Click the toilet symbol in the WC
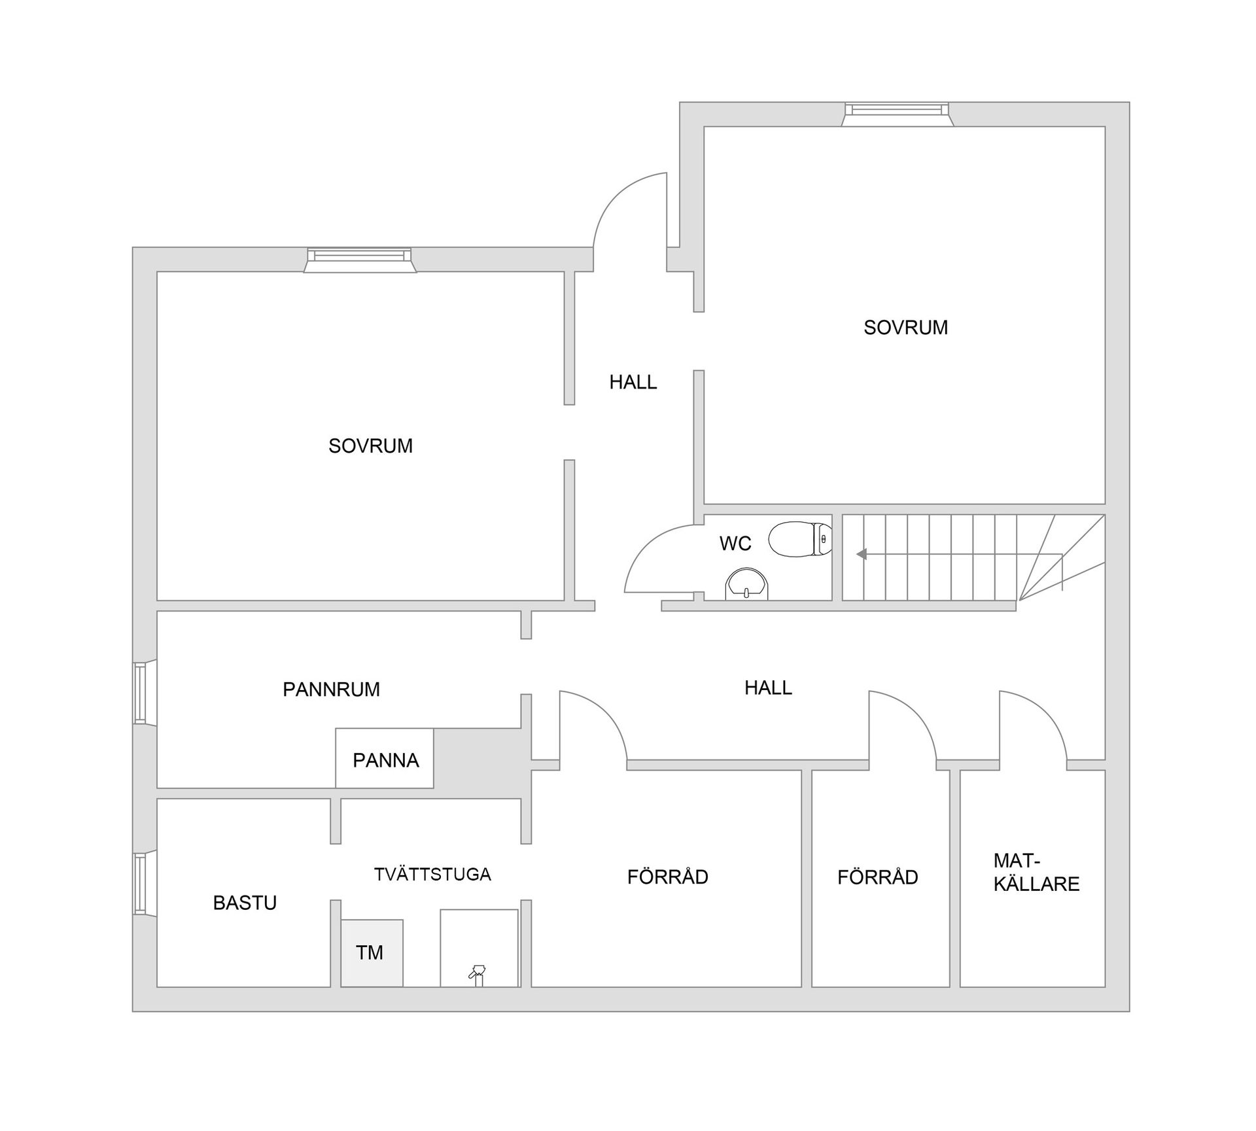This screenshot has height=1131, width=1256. point(799,539)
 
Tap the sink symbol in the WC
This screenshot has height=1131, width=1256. point(746,584)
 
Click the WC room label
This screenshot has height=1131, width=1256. point(735,543)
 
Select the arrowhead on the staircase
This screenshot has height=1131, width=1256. point(862,554)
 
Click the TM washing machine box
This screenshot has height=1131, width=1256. point(371,952)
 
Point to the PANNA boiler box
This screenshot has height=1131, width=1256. point(385,759)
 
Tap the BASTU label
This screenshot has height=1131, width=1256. point(245,903)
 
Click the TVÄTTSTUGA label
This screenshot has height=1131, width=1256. point(432,874)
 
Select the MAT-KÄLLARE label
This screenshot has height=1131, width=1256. point(1036,873)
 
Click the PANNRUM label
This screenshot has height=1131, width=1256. point(331,689)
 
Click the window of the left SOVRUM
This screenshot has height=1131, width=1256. point(360,260)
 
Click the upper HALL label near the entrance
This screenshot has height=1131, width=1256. point(633,382)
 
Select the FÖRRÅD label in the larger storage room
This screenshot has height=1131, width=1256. point(667,877)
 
